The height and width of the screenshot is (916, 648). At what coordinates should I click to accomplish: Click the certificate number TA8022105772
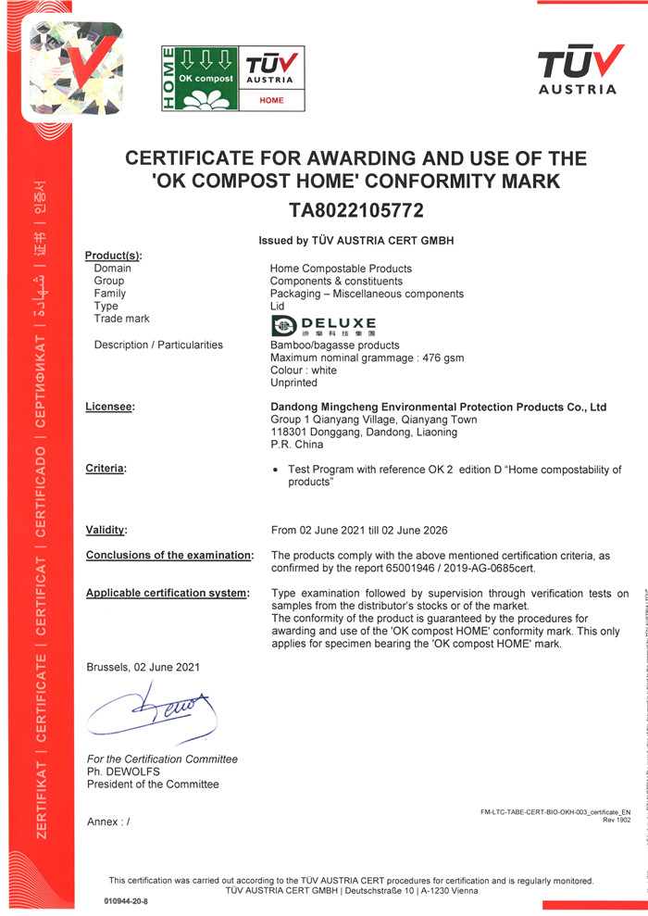tap(356, 211)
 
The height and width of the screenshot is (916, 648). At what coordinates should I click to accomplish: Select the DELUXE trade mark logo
tap(323, 325)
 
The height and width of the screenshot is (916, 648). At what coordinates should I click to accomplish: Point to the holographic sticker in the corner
tap(75, 69)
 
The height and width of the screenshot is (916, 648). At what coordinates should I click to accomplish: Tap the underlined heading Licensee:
tap(110, 407)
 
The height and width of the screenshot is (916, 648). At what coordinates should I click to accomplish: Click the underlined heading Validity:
tap(106, 531)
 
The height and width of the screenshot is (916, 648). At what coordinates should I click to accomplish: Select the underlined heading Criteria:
tap(106, 470)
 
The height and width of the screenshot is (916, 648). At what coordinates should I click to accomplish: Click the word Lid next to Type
tap(278, 307)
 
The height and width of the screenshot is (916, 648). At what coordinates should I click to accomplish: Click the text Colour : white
tap(303, 370)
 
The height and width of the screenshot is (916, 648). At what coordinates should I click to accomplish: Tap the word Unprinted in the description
tap(293, 383)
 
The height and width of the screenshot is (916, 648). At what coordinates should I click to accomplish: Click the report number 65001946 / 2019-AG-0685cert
tap(484, 568)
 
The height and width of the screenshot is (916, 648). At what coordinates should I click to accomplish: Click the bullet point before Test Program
tap(277, 471)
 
